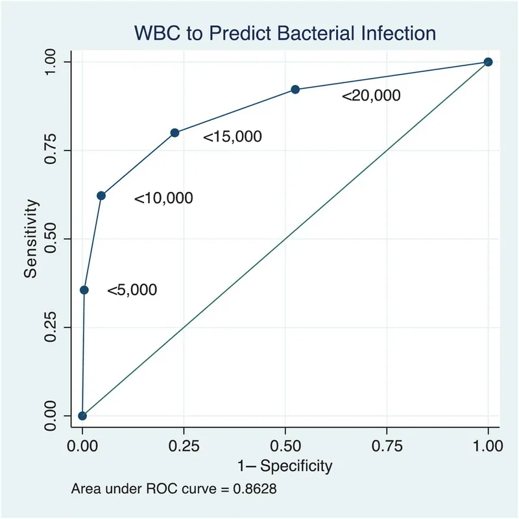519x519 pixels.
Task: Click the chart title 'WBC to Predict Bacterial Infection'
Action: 285,32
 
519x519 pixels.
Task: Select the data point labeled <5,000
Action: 84,290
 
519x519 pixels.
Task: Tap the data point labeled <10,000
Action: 101,195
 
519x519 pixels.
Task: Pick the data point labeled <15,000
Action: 175,132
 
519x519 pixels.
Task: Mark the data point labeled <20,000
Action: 295,90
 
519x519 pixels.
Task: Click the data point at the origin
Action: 82,416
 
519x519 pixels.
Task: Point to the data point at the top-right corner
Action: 488,62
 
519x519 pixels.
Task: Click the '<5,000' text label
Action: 132,291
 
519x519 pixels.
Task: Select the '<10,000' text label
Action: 163,199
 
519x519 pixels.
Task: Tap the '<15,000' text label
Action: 232,137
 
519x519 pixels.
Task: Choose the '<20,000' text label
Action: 371,96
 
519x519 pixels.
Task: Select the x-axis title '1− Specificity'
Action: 285,466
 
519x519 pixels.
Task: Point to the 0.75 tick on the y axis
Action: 70,151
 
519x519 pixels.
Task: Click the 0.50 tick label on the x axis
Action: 285,446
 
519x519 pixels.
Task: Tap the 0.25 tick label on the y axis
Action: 51,327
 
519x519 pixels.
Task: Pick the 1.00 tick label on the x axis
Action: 488,446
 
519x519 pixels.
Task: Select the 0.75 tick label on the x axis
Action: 387,446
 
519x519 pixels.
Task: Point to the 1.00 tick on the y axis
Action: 70,62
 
